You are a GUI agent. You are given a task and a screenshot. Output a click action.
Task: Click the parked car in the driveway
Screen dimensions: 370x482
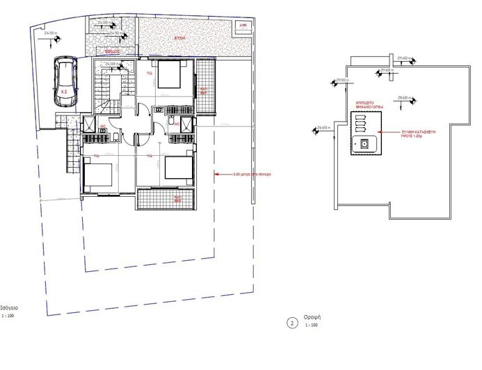coord(64,83)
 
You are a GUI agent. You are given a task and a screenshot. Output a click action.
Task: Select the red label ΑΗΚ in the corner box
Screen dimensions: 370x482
coord(243,24)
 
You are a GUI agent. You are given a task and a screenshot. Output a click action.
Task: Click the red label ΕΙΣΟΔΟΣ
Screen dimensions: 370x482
coord(113,51)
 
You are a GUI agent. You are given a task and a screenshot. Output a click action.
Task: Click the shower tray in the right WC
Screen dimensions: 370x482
coord(187,125)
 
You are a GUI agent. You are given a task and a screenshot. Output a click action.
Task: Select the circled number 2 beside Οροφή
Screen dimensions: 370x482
coord(292,323)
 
